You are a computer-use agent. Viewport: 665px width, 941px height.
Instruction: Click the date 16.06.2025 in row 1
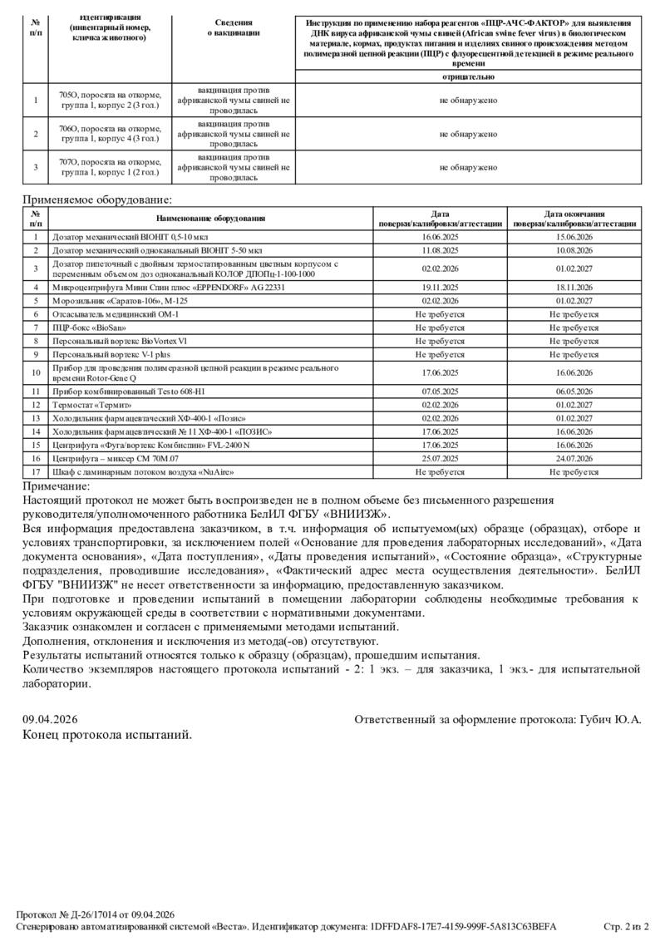441,237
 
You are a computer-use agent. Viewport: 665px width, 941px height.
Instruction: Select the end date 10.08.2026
574,249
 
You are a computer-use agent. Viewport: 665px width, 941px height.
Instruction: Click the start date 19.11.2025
441,287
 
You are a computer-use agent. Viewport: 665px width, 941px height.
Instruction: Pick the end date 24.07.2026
574,458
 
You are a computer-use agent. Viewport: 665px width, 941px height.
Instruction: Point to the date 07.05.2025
441,391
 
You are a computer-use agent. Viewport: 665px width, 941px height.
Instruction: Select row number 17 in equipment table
36,471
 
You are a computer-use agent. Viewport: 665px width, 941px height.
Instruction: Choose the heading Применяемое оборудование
97,200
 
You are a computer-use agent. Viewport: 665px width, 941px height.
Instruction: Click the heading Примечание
56,486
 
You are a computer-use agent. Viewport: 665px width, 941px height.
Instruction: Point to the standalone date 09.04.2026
49,719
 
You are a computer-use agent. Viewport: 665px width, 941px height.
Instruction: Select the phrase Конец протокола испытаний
106,735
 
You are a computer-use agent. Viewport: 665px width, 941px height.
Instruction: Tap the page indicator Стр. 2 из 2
626,927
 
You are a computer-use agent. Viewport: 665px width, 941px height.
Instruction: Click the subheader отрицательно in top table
469,76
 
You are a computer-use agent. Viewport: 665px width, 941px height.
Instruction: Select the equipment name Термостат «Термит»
92,404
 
